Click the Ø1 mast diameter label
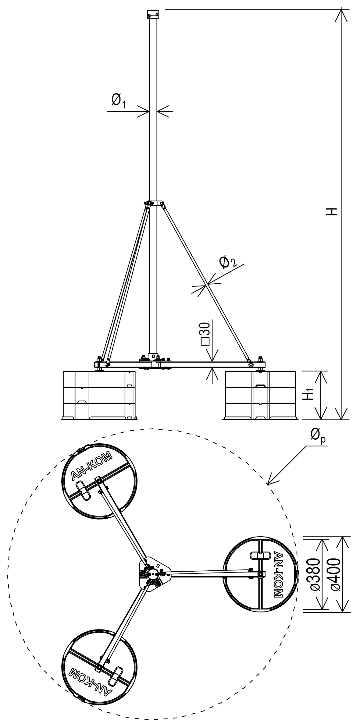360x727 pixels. [119, 101]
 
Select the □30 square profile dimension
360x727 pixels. [206, 334]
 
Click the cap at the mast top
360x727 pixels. [153, 14]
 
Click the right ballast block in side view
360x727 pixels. [260, 395]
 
